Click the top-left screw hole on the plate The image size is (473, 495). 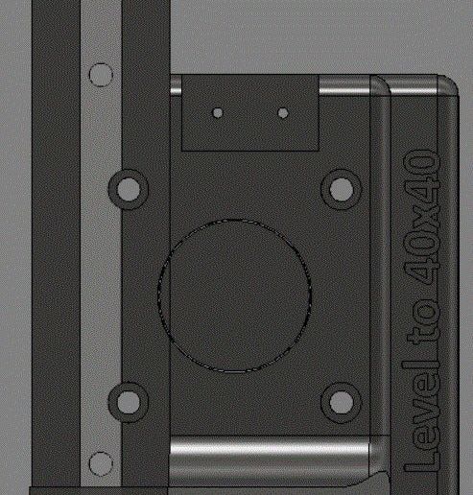(127, 187)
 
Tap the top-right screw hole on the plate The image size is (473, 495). (340, 187)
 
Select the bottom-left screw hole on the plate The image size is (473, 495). (127, 401)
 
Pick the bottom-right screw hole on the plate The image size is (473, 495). (340, 401)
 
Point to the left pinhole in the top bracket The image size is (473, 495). (219, 113)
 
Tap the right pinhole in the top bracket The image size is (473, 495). (282, 113)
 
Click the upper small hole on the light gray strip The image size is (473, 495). (100, 74)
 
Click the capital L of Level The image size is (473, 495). (422, 458)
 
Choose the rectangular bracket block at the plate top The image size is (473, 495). (249, 115)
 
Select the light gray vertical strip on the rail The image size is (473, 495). (100, 269)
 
